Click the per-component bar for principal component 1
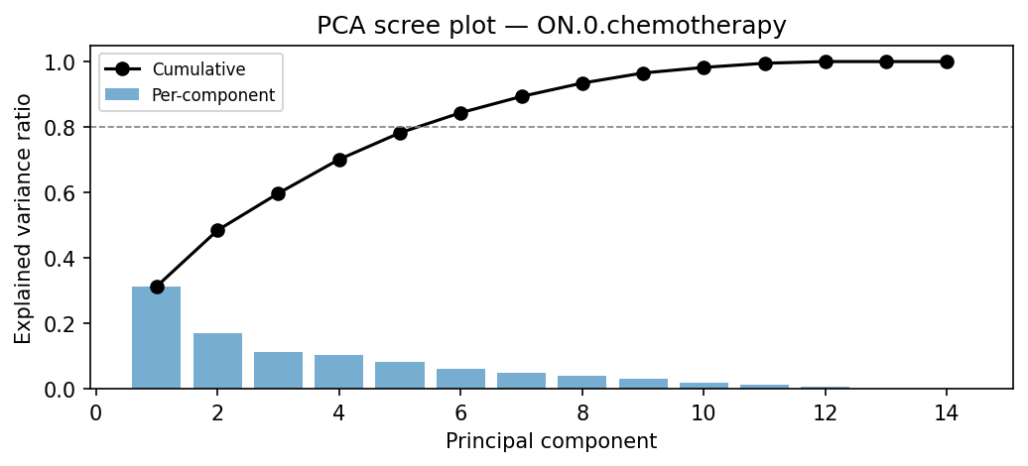[157, 338]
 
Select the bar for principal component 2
[217, 361]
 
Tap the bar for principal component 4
[339, 372]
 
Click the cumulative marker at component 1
[157, 287]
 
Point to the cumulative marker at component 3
[279, 193]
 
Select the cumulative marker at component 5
[400, 133]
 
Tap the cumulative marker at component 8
[582, 83]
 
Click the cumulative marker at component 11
[765, 63]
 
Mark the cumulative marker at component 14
[947, 61]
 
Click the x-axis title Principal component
[551, 441]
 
